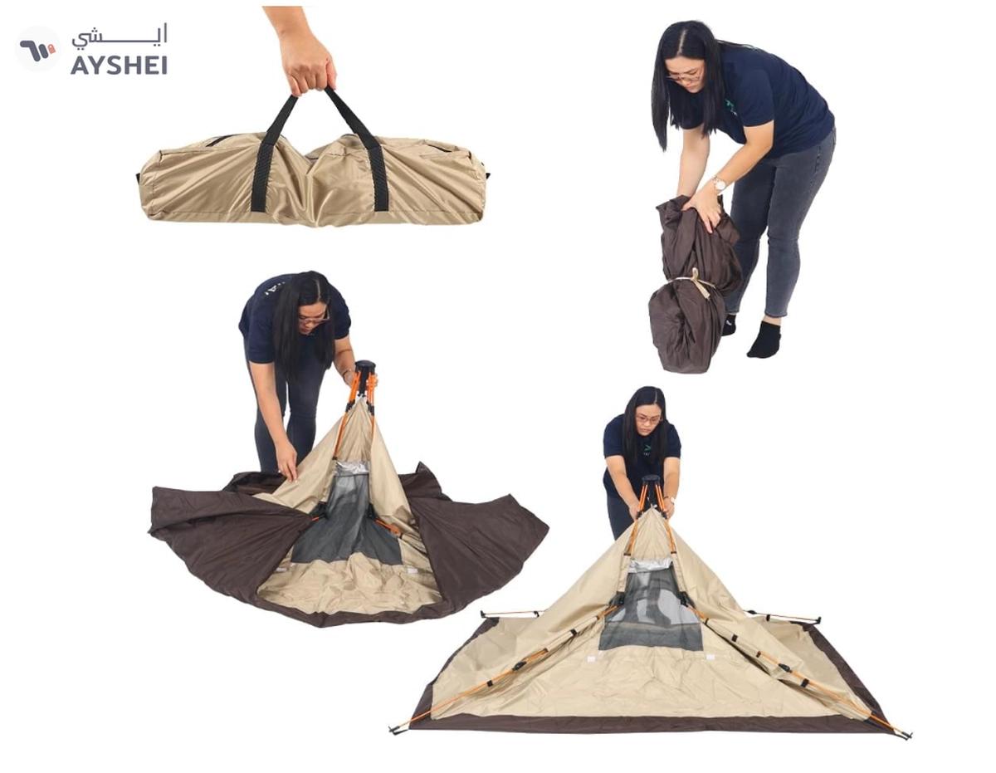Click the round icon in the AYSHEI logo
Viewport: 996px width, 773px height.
pos(37,49)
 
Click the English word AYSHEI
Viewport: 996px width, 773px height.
pos(119,65)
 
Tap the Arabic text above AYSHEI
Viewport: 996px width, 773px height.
pos(120,37)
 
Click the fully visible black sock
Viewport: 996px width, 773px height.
pos(764,340)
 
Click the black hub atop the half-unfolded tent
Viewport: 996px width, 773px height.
pos(364,369)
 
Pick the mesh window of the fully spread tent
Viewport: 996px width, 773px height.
pos(652,606)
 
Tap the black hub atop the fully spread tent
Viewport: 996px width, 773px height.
pos(651,483)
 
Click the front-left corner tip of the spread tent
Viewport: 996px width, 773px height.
pos(394,730)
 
